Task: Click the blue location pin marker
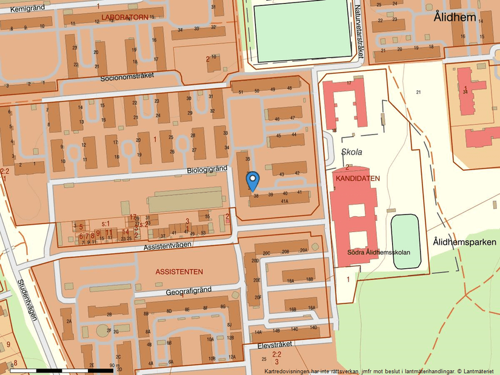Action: pos(253,180)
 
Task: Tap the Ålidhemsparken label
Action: pos(464,242)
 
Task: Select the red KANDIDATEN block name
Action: pos(357,179)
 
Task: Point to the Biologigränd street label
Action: pos(207,170)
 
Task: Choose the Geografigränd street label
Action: pos(188,291)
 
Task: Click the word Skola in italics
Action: pos(352,151)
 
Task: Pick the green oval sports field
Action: pos(406,240)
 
